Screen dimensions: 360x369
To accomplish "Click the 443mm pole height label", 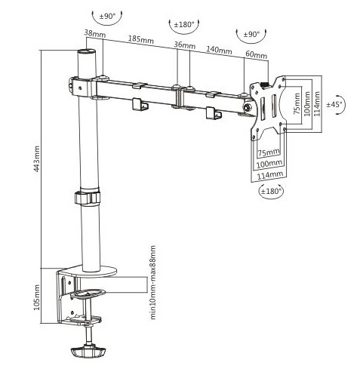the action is [x=37, y=158].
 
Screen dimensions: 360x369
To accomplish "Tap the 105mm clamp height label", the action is [x=37, y=297].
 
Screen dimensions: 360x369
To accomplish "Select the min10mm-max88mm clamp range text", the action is [x=152, y=282].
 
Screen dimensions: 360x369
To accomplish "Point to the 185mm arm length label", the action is [x=141, y=39].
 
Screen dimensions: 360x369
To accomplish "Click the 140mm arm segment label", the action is [x=219, y=50].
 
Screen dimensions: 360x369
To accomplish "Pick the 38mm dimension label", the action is [x=95, y=33].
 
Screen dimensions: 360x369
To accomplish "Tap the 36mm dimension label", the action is [x=185, y=45].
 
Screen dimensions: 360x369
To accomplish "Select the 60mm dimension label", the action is [x=256, y=54].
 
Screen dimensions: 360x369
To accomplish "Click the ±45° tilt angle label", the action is [x=334, y=104].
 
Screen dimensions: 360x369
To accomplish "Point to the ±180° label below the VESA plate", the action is [x=270, y=191].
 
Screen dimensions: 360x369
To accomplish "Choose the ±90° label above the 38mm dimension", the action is [x=107, y=17].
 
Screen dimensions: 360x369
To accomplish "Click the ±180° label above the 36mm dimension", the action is [x=184, y=25].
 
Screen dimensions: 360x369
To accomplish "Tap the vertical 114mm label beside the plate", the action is [x=318, y=103].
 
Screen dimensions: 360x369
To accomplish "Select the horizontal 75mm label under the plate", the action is [x=269, y=152].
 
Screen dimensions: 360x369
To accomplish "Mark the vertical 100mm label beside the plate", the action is [x=307, y=103].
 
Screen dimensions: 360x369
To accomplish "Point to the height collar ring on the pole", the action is [x=87, y=198].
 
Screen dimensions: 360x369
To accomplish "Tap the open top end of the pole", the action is [x=87, y=52].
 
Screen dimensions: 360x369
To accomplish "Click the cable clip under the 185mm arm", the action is [x=140, y=104].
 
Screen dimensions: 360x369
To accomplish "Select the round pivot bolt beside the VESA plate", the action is [x=248, y=107].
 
